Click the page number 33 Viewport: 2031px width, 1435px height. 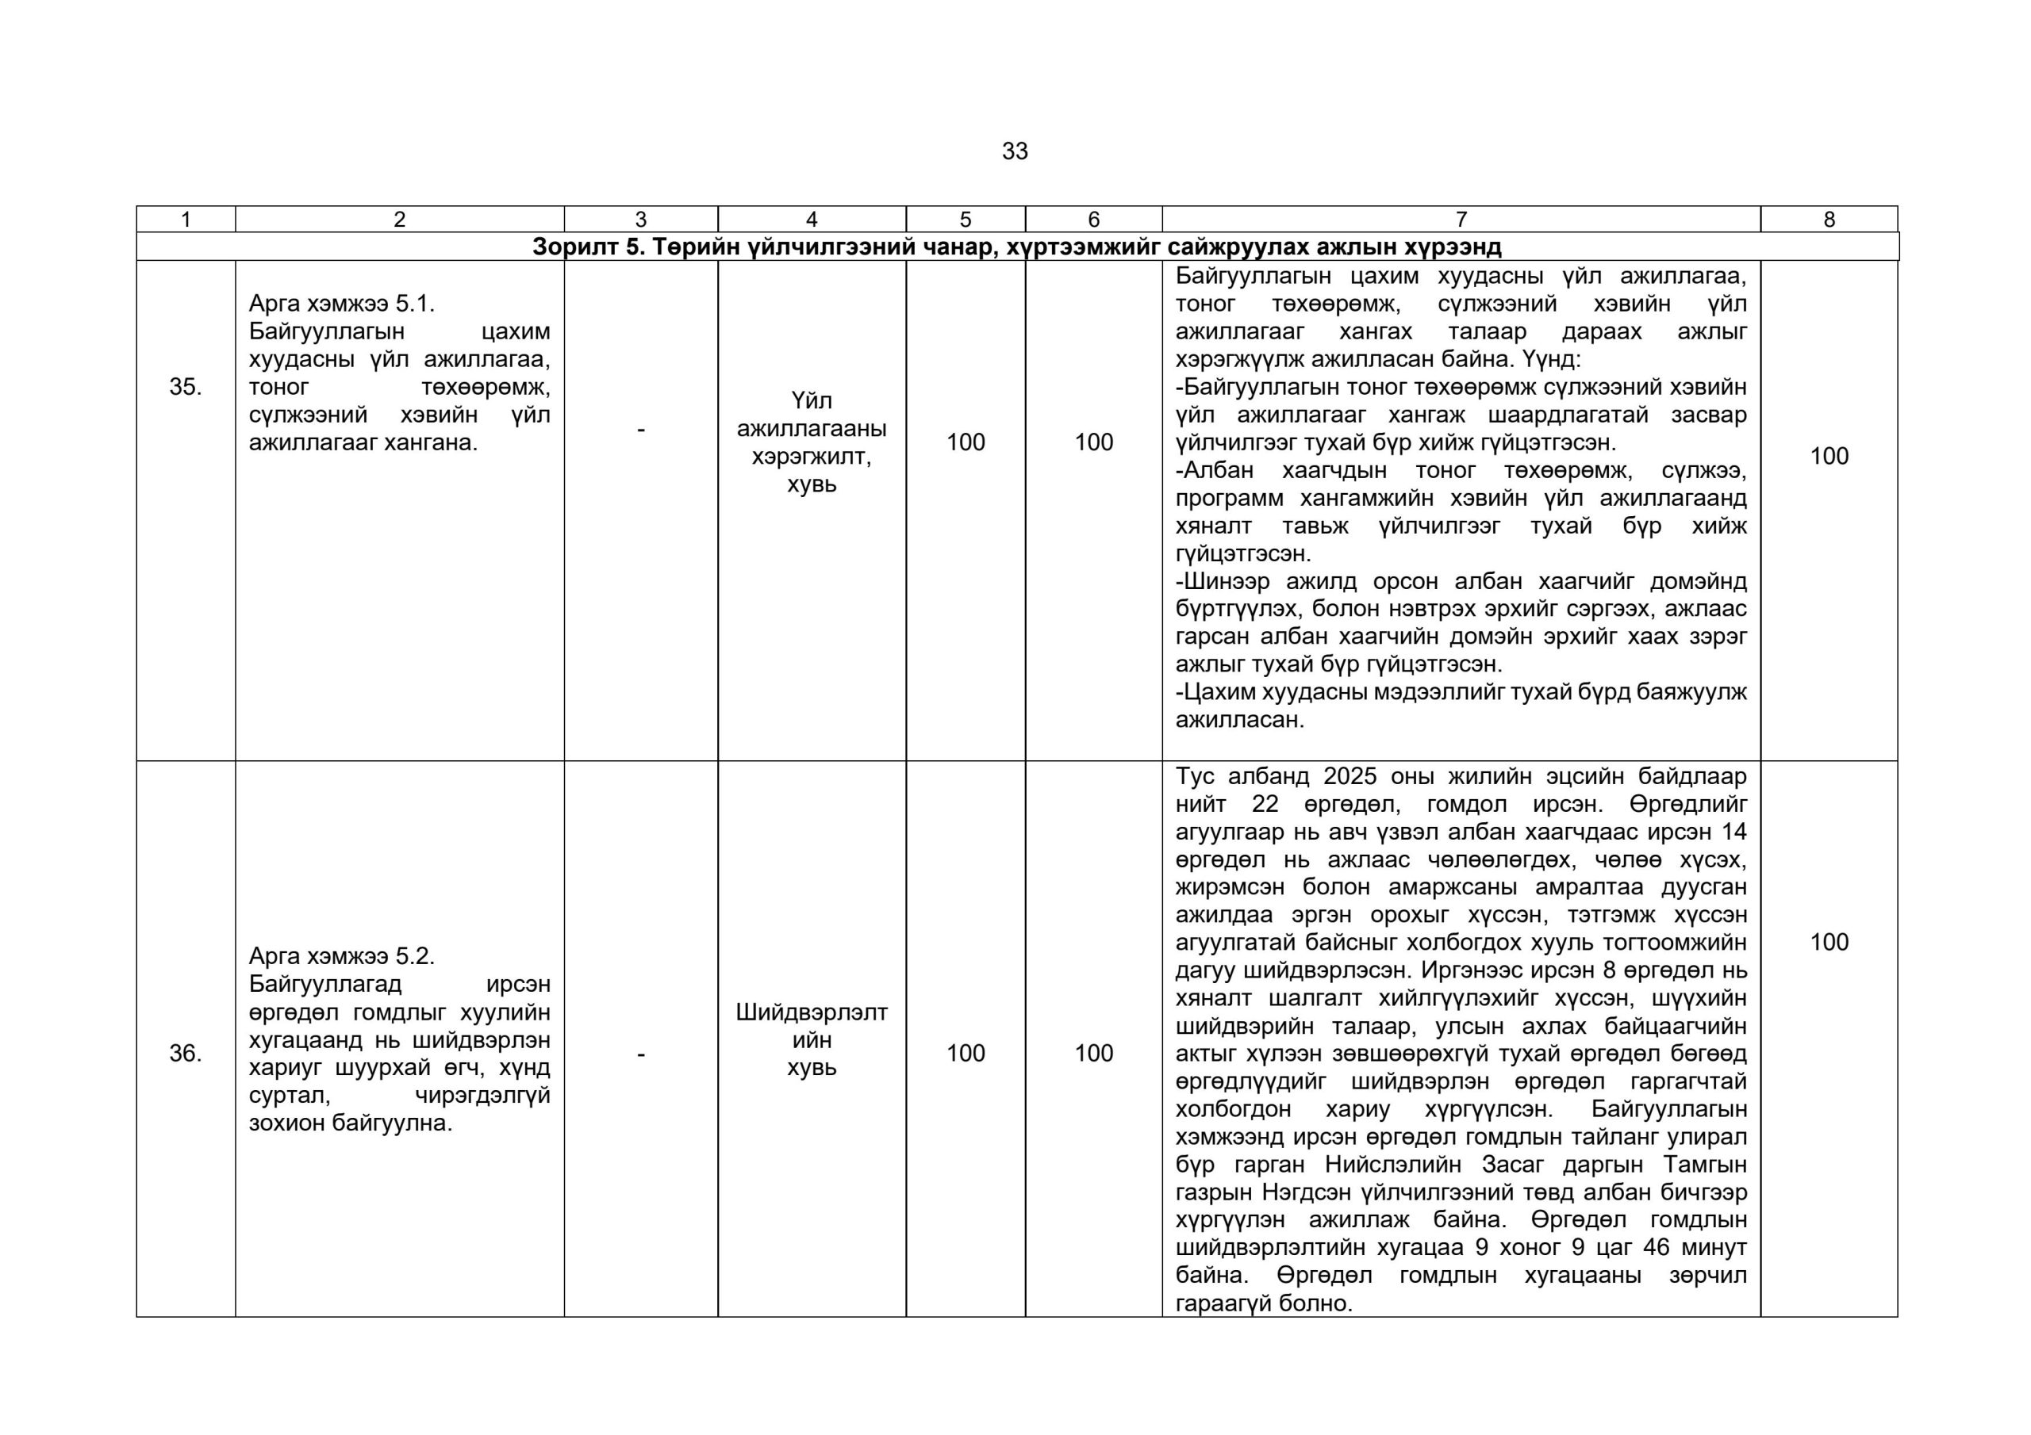1015,151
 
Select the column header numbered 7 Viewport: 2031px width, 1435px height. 1461,220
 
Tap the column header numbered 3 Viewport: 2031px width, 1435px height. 640,220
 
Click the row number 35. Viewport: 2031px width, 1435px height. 185,386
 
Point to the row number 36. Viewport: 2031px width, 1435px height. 185,1053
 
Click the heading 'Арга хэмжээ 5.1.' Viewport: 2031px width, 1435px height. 341,304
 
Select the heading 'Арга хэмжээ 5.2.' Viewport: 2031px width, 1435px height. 341,956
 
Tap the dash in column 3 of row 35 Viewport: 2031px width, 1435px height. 640,430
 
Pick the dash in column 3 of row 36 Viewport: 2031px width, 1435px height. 640,1054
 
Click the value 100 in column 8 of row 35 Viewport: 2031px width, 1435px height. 1829,456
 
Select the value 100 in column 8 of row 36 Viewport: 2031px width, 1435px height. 1829,942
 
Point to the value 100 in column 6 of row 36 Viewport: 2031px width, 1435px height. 1093,1053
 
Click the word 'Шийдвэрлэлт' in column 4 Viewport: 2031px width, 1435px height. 811,1012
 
